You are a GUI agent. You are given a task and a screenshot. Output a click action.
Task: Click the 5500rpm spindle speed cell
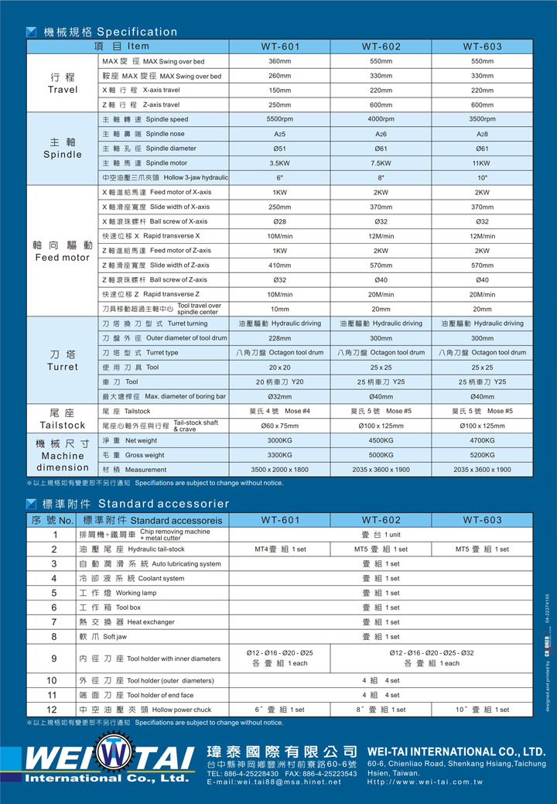coord(280,119)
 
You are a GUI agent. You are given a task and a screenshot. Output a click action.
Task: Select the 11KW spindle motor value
coord(482,163)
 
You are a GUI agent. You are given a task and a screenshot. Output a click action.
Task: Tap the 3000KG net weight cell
coord(280,440)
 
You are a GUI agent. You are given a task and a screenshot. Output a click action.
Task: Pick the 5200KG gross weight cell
coord(482,455)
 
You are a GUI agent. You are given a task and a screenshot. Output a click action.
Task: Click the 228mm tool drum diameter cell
coord(280,338)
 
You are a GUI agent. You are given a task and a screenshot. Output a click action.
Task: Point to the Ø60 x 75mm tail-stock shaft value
coord(280,426)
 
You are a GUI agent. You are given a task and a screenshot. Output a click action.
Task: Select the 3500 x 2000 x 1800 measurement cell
coord(280,470)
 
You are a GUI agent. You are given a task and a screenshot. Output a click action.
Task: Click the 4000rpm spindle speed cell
coord(381,119)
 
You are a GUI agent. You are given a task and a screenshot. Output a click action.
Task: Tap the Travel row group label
coord(63,83)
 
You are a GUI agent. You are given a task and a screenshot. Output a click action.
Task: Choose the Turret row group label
coord(63,360)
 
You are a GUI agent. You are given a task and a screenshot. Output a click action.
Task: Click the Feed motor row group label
coord(63,251)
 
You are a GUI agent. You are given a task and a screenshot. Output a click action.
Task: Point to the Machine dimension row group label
coord(63,456)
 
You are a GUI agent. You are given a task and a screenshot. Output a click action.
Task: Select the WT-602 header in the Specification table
coord(381,46)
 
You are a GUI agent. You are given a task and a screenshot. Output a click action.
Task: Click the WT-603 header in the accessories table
coord(482,520)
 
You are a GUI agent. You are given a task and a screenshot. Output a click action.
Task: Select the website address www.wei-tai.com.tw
coord(425,782)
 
